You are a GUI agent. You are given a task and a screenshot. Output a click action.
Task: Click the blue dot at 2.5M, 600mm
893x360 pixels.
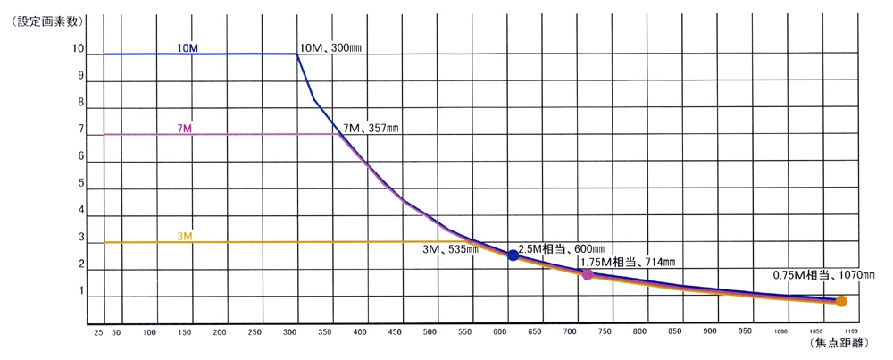point(513,255)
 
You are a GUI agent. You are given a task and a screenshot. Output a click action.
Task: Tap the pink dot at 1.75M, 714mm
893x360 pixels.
point(588,274)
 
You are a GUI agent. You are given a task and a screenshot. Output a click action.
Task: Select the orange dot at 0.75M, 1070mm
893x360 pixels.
point(841,301)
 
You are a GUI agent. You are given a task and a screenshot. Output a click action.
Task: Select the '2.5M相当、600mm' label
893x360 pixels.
point(561,247)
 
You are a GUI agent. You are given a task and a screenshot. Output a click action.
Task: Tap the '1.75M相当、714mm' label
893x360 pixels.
point(628,262)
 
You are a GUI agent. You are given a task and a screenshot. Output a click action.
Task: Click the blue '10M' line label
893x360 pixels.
point(188,46)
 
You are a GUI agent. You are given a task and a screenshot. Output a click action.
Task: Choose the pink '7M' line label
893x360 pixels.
point(186,129)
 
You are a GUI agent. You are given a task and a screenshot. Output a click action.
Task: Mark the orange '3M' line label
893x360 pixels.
point(185,236)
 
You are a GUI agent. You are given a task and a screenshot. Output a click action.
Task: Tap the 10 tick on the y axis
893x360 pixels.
point(79,50)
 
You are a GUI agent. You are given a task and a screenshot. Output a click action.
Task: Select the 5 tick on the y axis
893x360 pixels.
point(80,184)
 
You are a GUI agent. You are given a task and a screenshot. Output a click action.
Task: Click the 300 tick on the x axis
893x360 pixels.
point(289,332)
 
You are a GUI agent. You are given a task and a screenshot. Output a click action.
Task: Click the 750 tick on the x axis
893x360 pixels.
point(605,332)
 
